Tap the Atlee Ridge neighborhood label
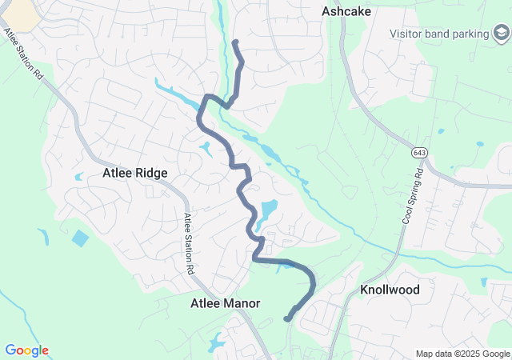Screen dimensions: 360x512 click(x=134, y=172)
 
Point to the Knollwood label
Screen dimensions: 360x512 click(x=390, y=289)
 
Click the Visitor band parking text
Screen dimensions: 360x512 click(x=439, y=34)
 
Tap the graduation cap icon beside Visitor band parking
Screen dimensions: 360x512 click(x=501, y=34)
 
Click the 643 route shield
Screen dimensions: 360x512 click(x=419, y=152)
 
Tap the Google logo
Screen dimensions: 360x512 click(x=26, y=350)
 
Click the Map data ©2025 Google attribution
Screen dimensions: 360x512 click(x=463, y=354)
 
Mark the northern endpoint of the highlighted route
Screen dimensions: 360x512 click(x=234, y=42)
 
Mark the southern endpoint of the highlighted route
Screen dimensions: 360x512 click(x=287, y=319)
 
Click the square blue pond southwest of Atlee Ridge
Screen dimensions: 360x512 click(x=80, y=238)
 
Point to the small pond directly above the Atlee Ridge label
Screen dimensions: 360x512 click(x=206, y=147)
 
